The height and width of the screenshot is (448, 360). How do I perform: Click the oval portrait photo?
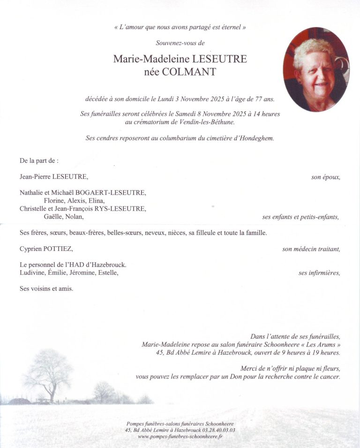pos(316,69)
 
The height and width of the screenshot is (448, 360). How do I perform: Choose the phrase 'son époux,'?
pos(325,177)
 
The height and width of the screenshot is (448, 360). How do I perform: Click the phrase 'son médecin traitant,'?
pos(311,249)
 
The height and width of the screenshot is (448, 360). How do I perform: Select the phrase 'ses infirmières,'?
pos(319,273)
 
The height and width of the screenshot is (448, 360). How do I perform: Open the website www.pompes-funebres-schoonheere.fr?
pos(180,436)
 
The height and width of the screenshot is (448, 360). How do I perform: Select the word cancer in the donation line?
pos(329,376)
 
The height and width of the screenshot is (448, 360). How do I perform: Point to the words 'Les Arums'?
pos(320,344)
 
